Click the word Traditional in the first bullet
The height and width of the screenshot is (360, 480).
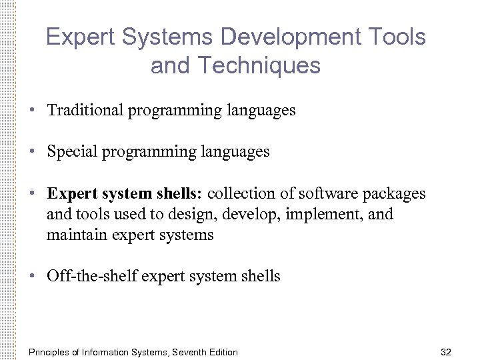[x=85, y=110]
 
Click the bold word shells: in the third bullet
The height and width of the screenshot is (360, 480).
[x=180, y=193]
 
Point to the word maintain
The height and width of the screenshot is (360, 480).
[x=74, y=235]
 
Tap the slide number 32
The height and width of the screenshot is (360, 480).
[x=447, y=352]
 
